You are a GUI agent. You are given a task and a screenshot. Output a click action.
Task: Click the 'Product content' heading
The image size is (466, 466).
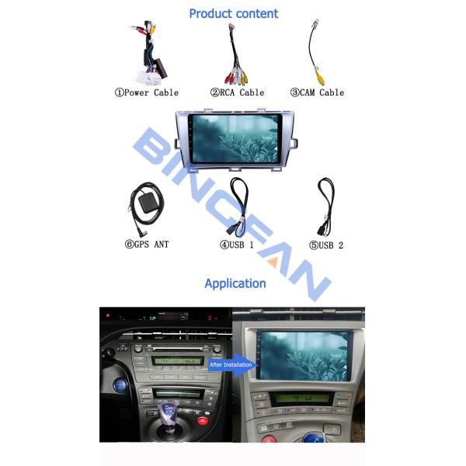pos(234,14)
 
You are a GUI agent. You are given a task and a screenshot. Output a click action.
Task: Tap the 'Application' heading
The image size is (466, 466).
pos(235,283)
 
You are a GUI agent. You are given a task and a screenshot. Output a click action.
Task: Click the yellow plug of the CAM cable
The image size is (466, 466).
pos(321,78)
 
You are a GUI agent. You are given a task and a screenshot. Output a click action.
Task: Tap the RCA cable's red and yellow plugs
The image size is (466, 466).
pos(236,77)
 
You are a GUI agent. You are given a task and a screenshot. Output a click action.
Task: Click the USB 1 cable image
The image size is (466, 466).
pos(238,206)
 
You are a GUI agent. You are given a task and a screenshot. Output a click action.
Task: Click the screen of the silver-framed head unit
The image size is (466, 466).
pos(235,139)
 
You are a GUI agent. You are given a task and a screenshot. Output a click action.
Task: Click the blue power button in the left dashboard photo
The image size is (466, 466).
pos(120,385)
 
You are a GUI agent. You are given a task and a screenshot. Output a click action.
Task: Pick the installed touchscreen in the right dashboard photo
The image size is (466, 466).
pos(304,356)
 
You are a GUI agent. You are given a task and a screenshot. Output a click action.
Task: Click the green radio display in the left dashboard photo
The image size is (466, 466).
pos(178,361)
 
